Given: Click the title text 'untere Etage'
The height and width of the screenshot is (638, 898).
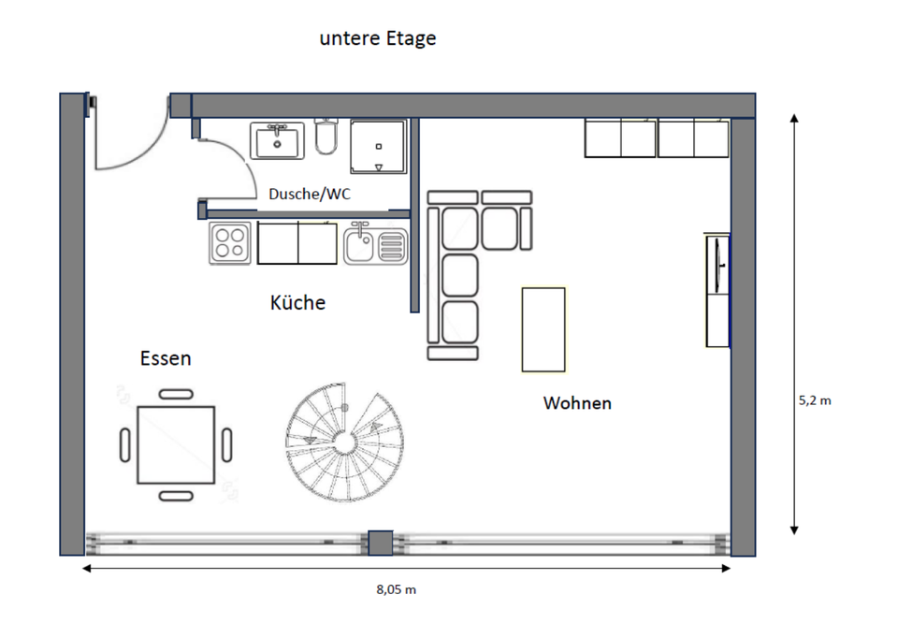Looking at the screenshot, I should (378, 39).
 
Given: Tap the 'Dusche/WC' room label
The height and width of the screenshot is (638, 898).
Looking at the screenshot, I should (310, 195).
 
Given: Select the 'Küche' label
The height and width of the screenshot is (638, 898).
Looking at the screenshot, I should (297, 303).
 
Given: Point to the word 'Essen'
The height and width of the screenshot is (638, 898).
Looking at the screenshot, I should (166, 358).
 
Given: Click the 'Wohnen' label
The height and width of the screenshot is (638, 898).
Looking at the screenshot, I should (577, 403).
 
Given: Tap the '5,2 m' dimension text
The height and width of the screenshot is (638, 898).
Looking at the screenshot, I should (814, 399).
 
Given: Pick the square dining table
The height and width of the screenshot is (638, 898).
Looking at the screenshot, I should (176, 444).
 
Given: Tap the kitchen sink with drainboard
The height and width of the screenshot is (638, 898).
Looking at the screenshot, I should (375, 245).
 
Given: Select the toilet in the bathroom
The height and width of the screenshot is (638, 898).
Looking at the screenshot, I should (326, 139).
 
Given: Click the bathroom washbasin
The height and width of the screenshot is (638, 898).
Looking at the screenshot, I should (277, 141).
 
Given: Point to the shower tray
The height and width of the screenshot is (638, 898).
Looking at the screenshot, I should (378, 146).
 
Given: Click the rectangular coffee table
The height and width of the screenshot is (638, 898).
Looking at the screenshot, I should (543, 328).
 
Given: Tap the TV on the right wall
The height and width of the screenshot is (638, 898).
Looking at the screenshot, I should (717, 265).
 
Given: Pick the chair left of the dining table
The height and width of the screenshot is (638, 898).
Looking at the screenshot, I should (125, 444).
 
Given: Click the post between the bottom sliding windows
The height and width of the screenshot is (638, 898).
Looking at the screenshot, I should (380, 543).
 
